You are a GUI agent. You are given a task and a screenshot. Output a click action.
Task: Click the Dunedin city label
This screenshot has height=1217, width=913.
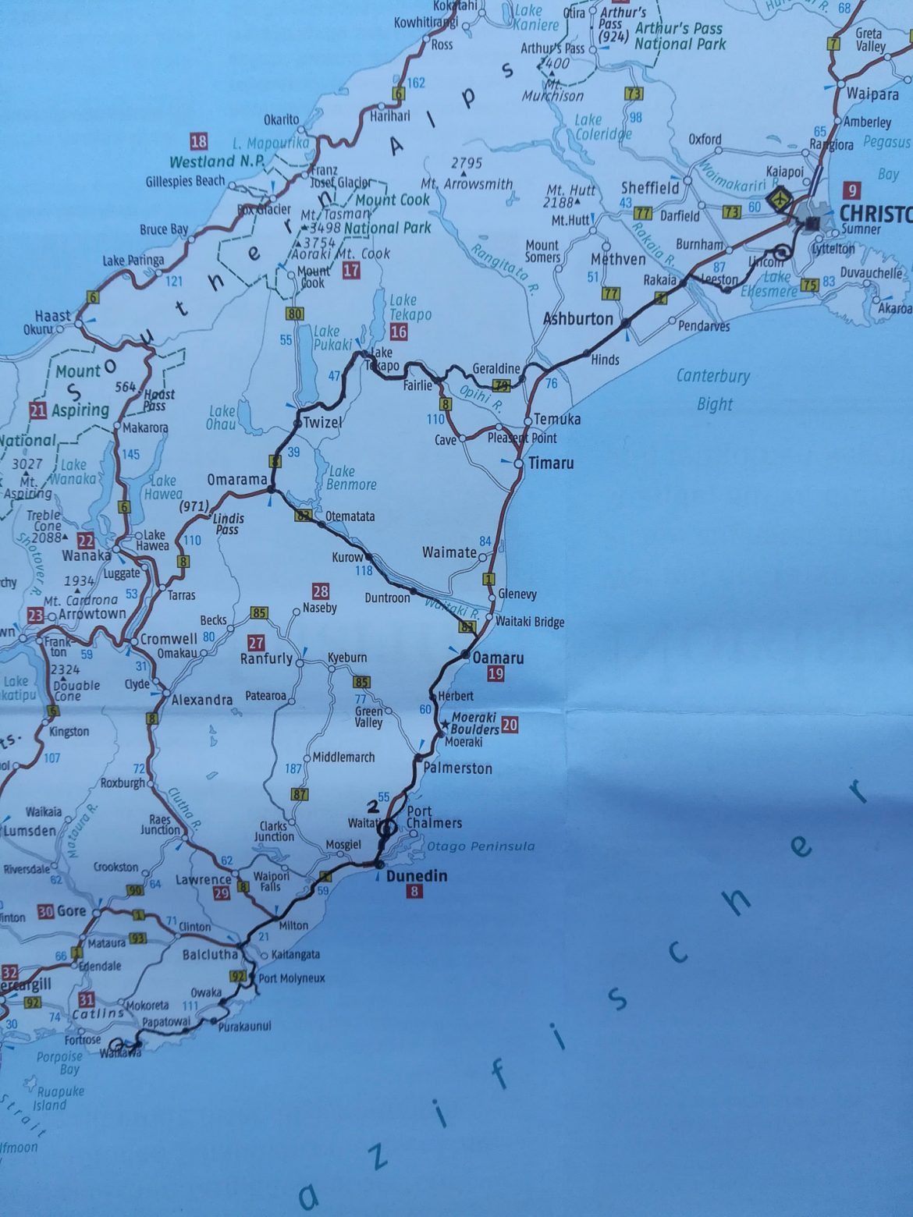[x=417, y=876]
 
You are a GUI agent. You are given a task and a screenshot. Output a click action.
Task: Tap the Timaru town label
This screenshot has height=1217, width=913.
[x=551, y=463]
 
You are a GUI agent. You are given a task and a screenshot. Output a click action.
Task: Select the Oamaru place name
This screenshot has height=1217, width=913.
[x=499, y=658]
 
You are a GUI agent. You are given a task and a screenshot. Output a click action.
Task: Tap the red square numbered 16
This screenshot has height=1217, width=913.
[x=400, y=331]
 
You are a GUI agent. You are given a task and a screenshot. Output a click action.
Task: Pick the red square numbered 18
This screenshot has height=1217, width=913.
[x=199, y=141]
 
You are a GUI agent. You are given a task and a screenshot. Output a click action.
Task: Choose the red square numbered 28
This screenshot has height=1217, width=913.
[x=320, y=591]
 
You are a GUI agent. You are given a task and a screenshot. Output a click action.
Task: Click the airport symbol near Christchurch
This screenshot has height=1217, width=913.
[x=777, y=199]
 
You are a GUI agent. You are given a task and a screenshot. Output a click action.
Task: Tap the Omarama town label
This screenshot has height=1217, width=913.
[x=237, y=480]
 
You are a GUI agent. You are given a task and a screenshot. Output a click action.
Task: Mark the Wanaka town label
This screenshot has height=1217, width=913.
[x=87, y=557]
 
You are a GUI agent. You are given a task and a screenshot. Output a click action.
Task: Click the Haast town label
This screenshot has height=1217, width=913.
[x=53, y=316]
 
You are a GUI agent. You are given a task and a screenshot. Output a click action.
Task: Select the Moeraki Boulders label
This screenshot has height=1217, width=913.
[x=475, y=723]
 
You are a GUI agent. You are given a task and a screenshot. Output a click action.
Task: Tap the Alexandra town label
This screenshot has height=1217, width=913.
[x=202, y=700]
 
